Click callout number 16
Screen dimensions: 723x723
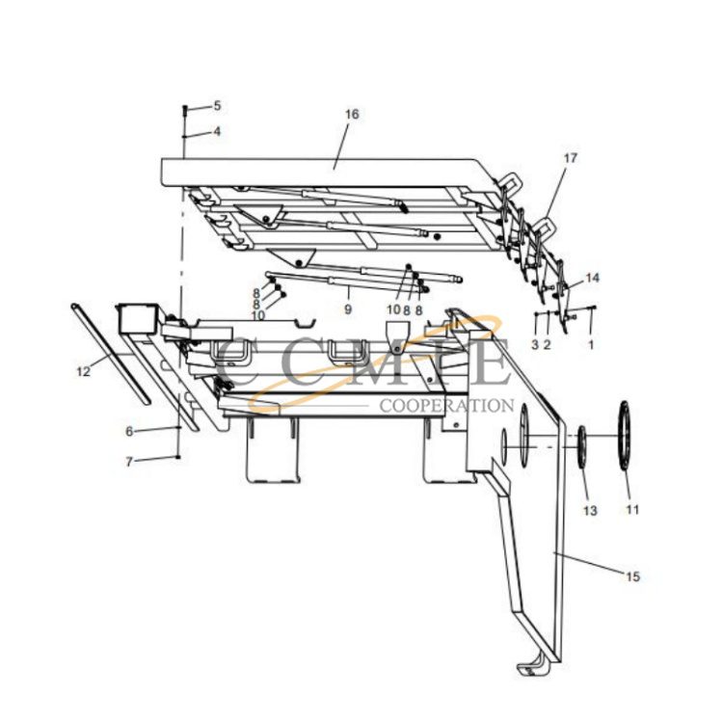(x=352, y=114)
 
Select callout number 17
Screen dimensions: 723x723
(x=571, y=158)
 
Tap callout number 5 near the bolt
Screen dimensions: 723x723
(x=217, y=105)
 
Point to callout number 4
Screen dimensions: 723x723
(x=217, y=131)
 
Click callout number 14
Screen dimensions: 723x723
(x=592, y=278)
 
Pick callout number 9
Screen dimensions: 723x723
(x=348, y=309)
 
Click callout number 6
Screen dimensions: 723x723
(x=128, y=430)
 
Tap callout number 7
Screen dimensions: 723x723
(x=128, y=462)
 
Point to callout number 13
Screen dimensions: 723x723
(x=590, y=509)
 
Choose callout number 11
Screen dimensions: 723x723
(x=632, y=509)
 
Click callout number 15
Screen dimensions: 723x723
(x=632, y=577)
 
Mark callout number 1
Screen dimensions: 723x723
(x=591, y=343)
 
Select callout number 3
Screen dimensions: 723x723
(x=534, y=344)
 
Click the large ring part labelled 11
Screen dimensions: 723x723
(x=625, y=436)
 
